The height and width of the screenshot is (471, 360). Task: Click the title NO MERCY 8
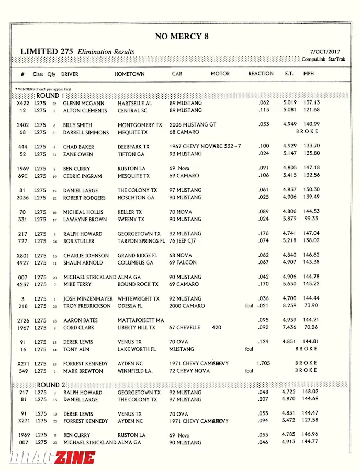182,36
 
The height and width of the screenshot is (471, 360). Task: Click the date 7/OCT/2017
325,52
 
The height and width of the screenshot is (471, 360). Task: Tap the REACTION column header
261,74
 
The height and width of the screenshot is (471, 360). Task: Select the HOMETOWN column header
129,74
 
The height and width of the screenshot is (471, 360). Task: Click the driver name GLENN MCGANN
84,104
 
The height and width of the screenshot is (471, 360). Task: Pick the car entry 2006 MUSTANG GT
193,125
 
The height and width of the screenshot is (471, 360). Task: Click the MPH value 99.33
311,220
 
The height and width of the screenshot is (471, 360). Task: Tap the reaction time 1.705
263,363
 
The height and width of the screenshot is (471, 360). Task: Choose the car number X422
22,104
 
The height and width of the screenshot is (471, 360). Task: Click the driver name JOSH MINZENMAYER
88,299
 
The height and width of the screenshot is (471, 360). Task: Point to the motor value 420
217,328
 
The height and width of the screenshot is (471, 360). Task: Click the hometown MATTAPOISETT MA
141,320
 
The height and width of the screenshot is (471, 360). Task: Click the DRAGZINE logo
52,458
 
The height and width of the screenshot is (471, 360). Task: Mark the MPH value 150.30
311,190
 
